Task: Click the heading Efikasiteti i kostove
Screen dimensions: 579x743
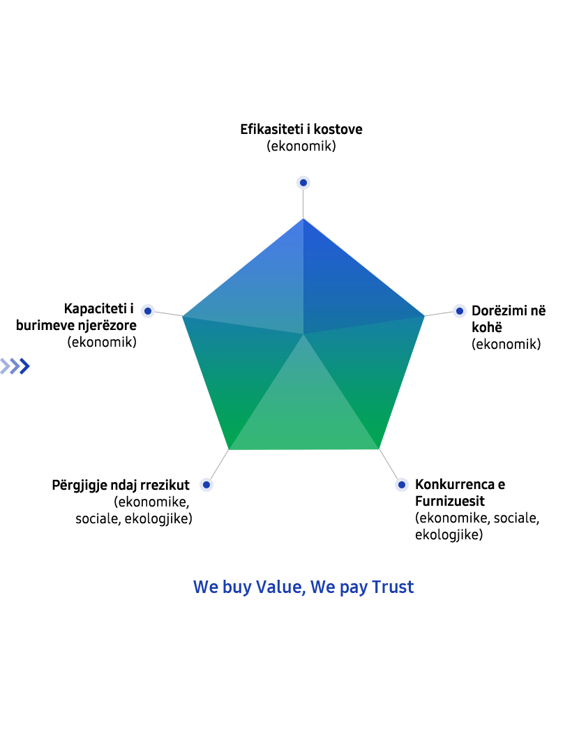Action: point(301,129)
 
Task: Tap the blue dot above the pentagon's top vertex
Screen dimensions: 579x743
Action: point(303,182)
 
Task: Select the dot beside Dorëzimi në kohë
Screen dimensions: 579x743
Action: point(459,311)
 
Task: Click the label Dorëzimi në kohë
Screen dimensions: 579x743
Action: point(509,319)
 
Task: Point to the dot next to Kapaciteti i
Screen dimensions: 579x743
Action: point(148,311)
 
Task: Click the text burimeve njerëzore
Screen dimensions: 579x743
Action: point(76,326)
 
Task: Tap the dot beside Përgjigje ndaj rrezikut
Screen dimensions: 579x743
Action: point(206,485)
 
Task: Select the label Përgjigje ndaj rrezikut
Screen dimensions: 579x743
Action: point(121,486)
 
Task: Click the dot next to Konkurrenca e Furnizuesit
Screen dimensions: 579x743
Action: point(401,484)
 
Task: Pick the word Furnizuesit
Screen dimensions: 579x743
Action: point(450,502)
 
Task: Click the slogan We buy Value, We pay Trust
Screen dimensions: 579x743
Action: point(303,587)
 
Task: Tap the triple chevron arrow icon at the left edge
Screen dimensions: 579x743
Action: point(15,366)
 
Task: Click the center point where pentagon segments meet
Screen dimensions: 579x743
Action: point(303,334)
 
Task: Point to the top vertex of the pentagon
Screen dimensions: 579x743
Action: point(303,218)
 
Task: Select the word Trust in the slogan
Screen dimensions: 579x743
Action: point(393,587)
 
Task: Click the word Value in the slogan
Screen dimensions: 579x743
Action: point(281,587)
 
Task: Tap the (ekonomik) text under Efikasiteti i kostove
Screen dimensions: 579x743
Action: point(301,146)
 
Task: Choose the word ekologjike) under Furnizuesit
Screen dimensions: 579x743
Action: point(449,535)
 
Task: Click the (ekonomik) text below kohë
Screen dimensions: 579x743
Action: point(506,344)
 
